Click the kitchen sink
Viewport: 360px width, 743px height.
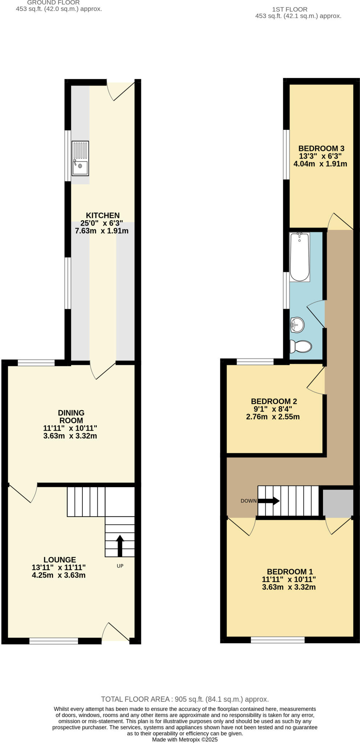80,158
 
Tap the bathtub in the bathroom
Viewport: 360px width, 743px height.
299,257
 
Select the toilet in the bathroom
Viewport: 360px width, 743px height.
301,346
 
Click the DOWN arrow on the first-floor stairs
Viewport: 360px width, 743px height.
269,501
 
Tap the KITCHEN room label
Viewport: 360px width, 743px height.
102,215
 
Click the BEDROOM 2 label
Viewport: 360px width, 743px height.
274,401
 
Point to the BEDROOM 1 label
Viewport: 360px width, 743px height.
290,571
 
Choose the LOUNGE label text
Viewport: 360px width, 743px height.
60,560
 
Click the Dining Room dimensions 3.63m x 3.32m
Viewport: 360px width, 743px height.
70,436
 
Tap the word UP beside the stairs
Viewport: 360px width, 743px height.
120,566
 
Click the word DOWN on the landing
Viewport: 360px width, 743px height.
249,501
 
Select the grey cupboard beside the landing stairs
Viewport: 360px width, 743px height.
337,502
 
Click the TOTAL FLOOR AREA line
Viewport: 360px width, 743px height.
185,699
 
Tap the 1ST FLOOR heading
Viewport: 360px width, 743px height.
290,9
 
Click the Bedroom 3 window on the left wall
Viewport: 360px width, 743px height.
286,155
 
